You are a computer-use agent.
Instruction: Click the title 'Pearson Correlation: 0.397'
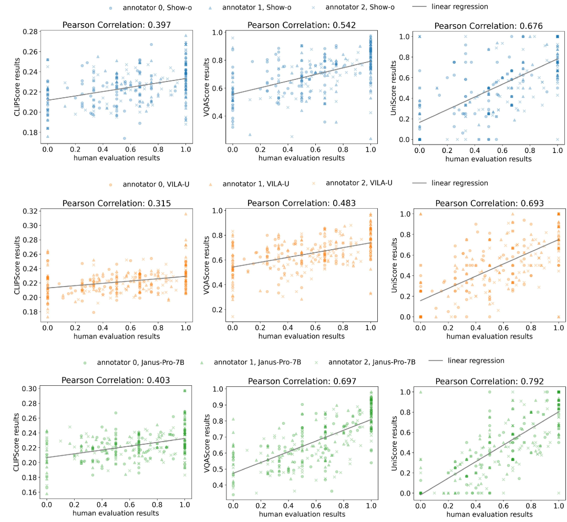(x=116, y=25)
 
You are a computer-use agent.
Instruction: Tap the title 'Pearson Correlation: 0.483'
(x=301, y=203)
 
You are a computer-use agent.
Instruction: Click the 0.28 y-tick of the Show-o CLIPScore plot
(x=31, y=32)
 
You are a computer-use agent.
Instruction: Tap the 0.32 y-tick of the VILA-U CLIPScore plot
(x=31, y=211)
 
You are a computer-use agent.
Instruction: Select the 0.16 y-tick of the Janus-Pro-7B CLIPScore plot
(x=31, y=493)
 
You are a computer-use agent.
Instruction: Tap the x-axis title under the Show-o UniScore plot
(x=488, y=159)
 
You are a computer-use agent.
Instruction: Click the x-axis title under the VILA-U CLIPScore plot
(x=116, y=336)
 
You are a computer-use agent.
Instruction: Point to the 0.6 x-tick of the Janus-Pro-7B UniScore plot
(x=502, y=505)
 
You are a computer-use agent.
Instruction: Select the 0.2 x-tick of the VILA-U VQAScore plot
(x=260, y=327)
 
